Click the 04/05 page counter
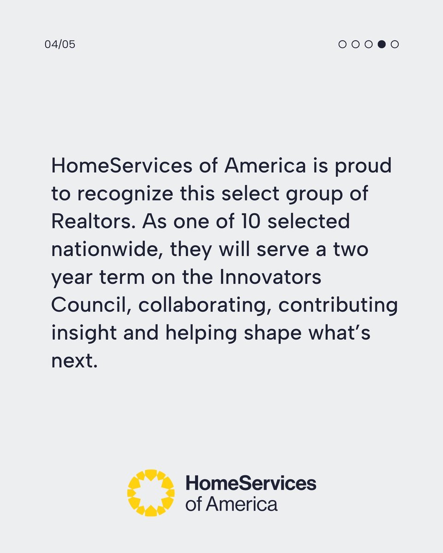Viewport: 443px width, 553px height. pos(60,45)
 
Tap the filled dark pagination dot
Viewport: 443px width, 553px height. pos(382,44)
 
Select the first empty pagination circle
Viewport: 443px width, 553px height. pos(342,44)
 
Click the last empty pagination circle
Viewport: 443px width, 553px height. pos(395,44)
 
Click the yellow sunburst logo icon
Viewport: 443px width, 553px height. pos(151,493)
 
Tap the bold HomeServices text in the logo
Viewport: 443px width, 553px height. pos(251,483)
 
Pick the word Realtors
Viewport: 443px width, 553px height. pos(92,222)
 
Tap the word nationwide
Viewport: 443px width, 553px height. pos(107,250)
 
